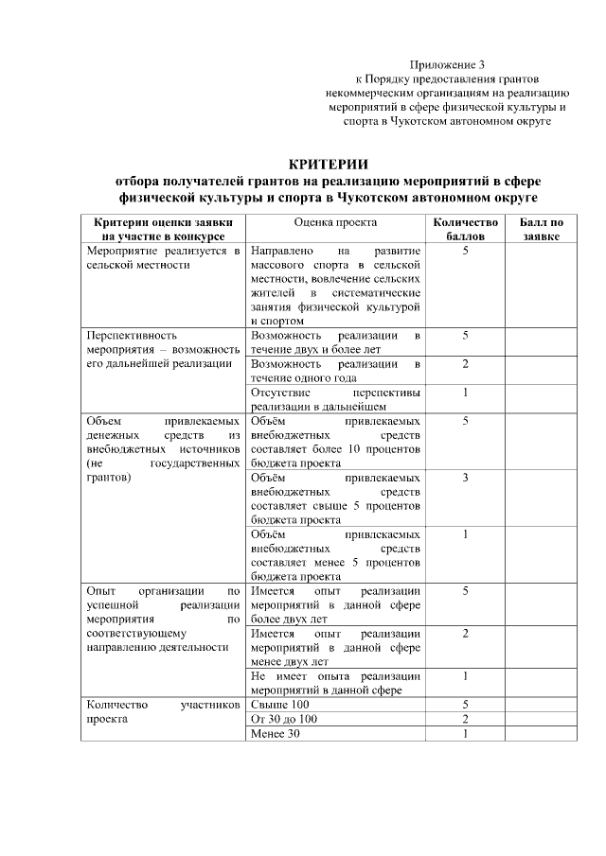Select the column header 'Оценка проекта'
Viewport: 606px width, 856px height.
tap(335, 222)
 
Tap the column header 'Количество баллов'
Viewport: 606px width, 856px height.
tap(465, 229)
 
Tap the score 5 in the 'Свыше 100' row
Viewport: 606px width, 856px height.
tap(465, 705)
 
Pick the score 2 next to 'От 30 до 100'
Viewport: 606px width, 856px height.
tap(465, 720)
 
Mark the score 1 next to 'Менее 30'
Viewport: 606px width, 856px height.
tap(465, 735)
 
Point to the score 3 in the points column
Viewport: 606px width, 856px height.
tap(465, 478)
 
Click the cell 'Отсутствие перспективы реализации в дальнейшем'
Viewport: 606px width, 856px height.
tap(335, 399)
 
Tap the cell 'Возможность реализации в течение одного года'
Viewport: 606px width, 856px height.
tap(335, 371)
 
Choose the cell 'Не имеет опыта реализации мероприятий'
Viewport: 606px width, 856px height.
tap(335, 683)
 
